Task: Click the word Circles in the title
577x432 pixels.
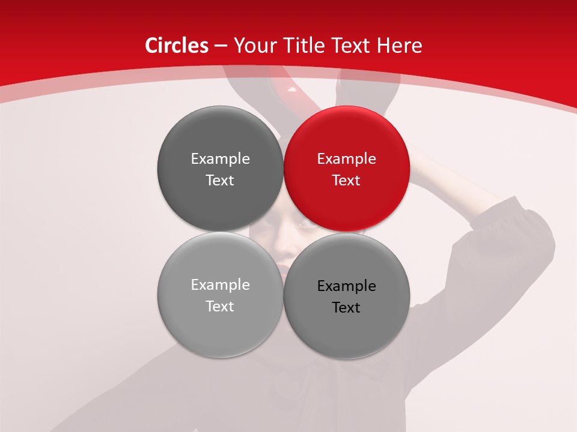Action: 176,46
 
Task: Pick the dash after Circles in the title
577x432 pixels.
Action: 221,46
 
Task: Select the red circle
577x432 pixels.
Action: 347,169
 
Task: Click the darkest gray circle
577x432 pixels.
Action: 220,169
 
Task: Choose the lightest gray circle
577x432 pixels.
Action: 220,295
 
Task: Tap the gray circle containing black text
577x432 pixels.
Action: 347,295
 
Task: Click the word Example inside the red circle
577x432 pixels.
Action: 347,159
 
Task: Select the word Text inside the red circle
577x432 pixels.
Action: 346,181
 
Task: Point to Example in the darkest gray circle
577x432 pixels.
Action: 220,159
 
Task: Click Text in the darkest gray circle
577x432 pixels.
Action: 220,181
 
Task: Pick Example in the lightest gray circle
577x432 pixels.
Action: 220,285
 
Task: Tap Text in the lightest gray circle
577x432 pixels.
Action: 220,307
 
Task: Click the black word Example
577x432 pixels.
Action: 347,286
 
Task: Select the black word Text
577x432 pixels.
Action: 346,308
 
